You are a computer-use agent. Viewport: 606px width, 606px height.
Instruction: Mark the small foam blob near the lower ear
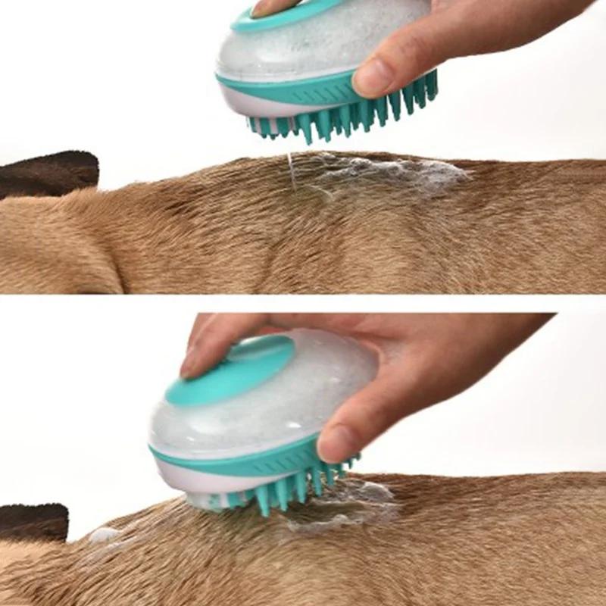coord(102,535)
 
